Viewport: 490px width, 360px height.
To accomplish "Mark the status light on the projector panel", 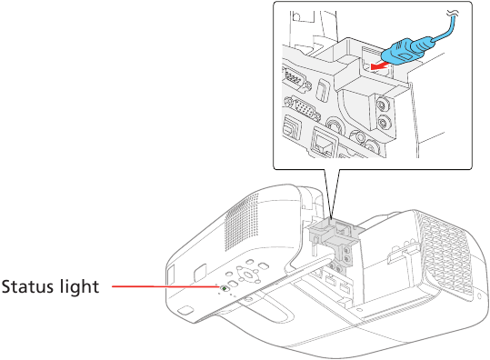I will (224, 289).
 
